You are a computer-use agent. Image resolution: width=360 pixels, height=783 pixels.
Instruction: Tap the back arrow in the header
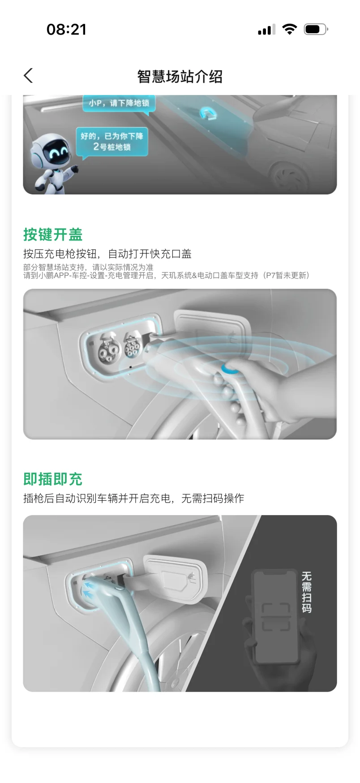(x=28, y=76)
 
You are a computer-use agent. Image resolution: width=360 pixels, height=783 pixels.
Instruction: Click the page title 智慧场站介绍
(x=180, y=77)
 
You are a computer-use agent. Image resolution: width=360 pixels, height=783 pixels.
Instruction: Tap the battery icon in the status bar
(x=316, y=30)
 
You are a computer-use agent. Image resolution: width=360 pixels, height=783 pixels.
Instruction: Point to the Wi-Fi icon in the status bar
(x=290, y=29)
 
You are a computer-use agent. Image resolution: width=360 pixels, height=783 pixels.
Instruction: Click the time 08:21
(x=66, y=30)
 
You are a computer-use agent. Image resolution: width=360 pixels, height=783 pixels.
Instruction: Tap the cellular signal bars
(x=266, y=30)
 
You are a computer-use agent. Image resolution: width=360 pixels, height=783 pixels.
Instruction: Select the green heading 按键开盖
(x=53, y=234)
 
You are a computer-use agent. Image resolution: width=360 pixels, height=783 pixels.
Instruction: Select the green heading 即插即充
(x=53, y=479)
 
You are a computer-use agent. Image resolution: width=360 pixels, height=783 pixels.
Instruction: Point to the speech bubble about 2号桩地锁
(x=112, y=142)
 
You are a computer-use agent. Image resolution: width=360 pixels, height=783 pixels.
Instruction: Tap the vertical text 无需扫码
(x=306, y=592)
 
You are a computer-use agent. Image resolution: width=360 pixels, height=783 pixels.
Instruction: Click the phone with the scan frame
(x=276, y=617)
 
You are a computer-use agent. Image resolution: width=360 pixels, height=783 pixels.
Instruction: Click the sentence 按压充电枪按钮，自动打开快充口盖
(x=107, y=254)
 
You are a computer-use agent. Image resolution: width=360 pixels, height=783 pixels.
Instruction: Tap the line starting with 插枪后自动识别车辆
(x=133, y=498)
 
